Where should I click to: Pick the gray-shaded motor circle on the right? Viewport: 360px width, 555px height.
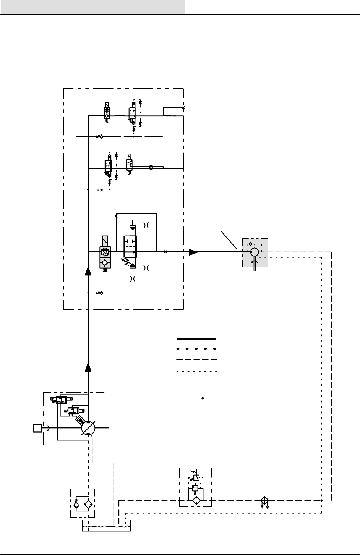(x=254, y=252)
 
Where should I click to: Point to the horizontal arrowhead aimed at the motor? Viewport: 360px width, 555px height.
(x=194, y=252)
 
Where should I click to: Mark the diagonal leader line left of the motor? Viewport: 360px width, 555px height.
(x=229, y=239)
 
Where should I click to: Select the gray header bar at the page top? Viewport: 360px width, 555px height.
(x=92, y=7)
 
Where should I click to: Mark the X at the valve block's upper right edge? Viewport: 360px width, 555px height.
(x=183, y=108)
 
